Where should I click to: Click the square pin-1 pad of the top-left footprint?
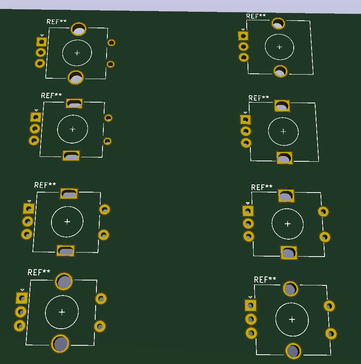[41, 41]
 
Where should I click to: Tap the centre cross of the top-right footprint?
[279, 47]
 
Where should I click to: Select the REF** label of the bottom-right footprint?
[265, 280]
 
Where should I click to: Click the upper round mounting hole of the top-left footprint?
[79, 29]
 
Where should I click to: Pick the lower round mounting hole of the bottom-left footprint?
[60, 343]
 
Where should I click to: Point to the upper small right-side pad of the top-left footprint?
[111, 43]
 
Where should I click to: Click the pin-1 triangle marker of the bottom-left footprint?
[22, 290]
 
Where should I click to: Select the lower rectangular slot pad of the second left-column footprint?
[71, 156]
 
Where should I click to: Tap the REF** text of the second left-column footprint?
[51, 96]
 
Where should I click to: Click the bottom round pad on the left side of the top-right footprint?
[244, 57]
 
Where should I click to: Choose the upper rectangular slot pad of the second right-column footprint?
[282, 106]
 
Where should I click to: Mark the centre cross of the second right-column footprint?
[283, 131]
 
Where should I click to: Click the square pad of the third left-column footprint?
[29, 209]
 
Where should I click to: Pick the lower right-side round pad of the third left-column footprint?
[104, 235]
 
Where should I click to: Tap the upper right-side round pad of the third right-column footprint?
[323, 211]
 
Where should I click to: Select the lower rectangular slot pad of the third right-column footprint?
[289, 253]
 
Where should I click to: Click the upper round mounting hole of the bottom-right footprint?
[291, 289]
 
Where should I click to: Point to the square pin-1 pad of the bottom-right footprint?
[251, 305]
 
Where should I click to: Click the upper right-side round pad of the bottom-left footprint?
[101, 299]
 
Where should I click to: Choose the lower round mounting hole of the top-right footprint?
[280, 71]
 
